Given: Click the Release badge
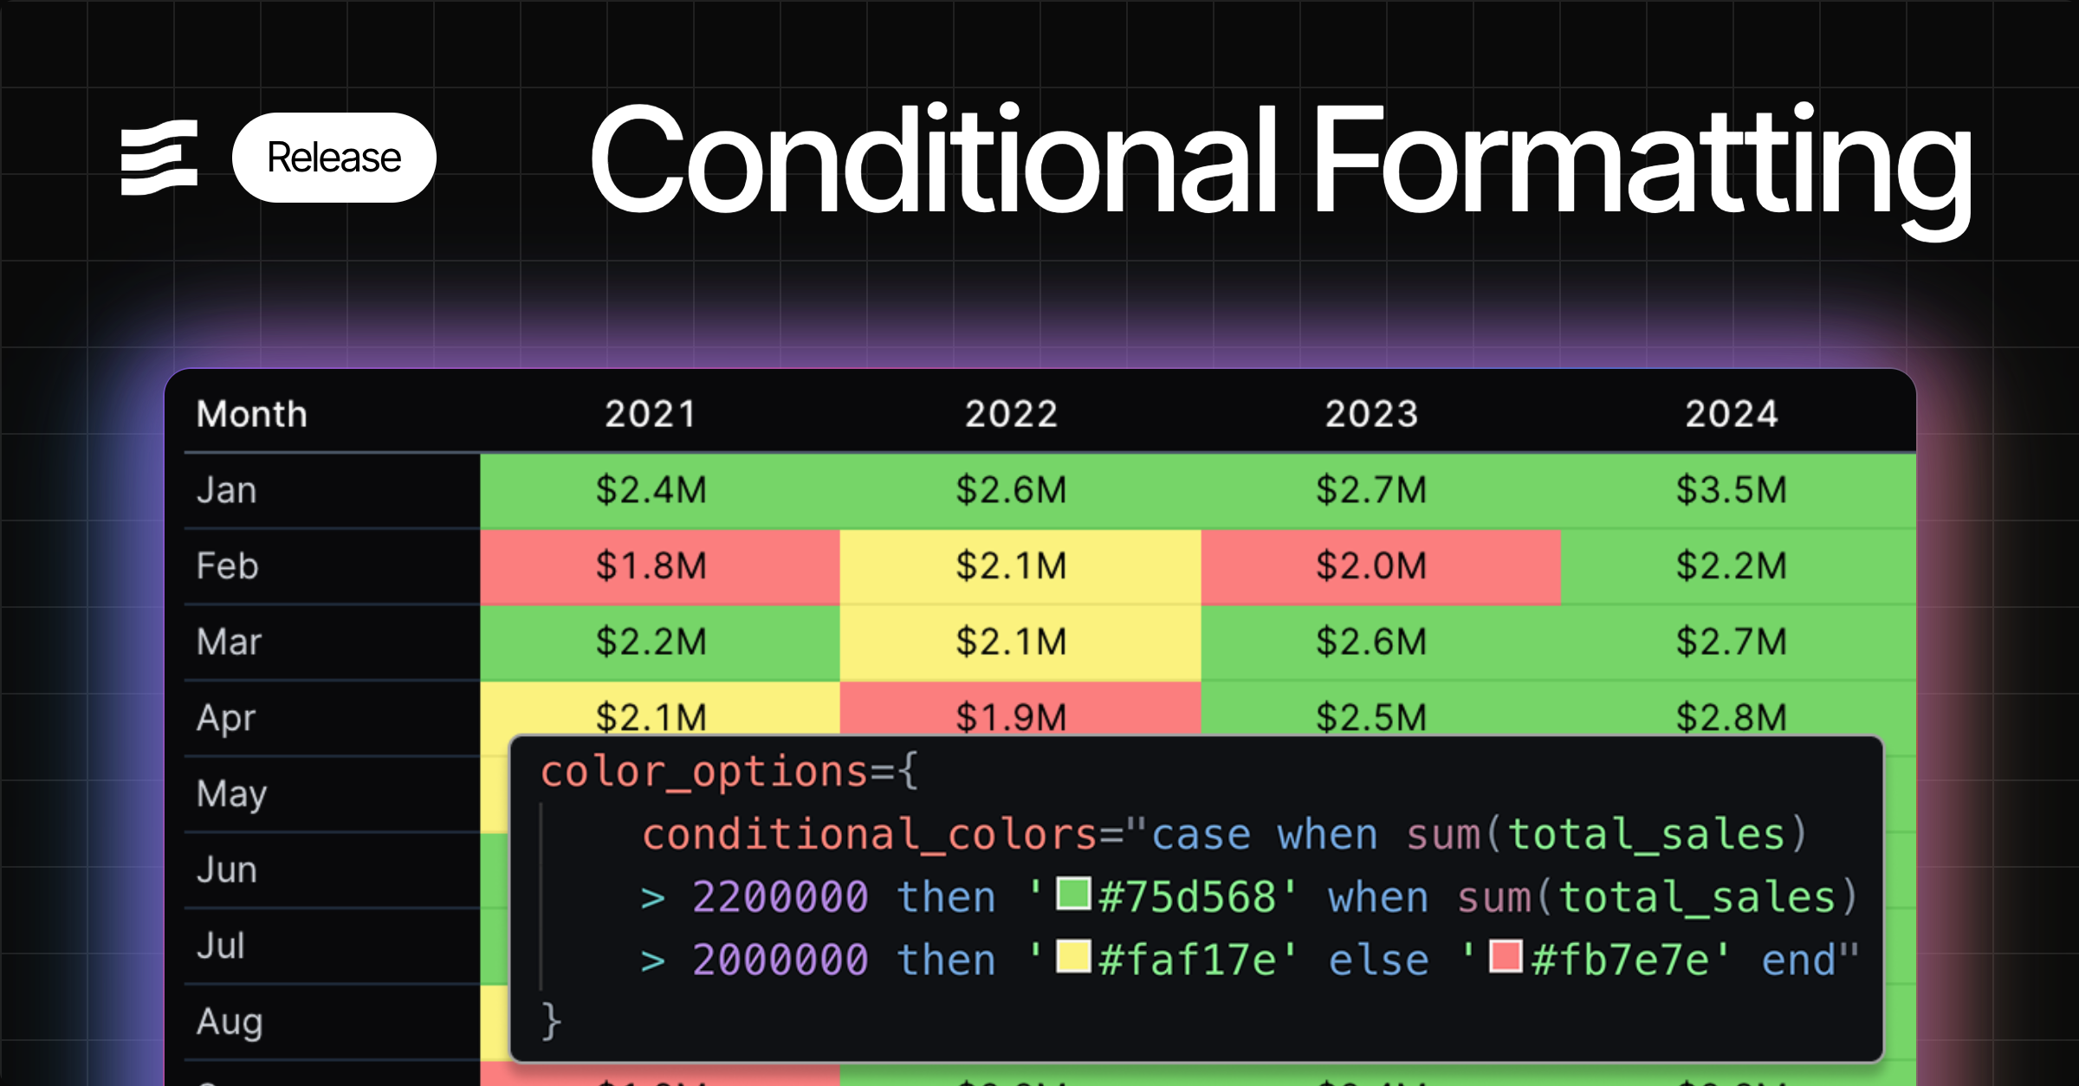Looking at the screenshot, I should click(x=334, y=158).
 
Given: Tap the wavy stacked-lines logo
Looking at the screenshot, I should click(x=159, y=158).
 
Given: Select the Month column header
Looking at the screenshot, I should click(x=251, y=414).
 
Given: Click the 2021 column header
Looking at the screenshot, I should click(x=651, y=414).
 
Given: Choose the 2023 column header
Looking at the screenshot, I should click(x=1371, y=414).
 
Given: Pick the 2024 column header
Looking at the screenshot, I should click(x=1732, y=414).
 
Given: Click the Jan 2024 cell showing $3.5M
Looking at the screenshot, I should click(x=1732, y=490).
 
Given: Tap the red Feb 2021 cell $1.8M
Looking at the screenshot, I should click(x=651, y=566).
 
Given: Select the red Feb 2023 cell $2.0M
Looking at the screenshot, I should click(x=1371, y=566).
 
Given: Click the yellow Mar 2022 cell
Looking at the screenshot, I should click(x=1011, y=642).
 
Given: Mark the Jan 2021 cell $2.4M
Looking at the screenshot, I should click(x=651, y=490).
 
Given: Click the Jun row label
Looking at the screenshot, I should click(x=227, y=869).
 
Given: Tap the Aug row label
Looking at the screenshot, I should click(x=230, y=1022).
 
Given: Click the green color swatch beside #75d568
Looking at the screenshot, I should click(x=1073, y=893).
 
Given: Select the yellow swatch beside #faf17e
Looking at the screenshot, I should click(x=1073, y=956).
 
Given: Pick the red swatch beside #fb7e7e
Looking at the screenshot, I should click(x=1506, y=956).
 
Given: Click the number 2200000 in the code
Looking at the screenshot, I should click(x=780, y=896).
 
